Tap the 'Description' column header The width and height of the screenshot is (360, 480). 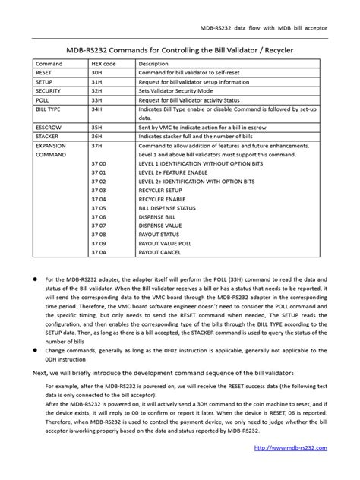[x=153, y=64]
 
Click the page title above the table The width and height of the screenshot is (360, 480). [x=180, y=49]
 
